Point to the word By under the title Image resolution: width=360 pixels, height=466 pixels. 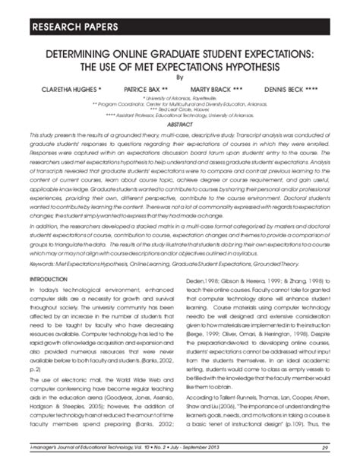coord(180,76)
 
